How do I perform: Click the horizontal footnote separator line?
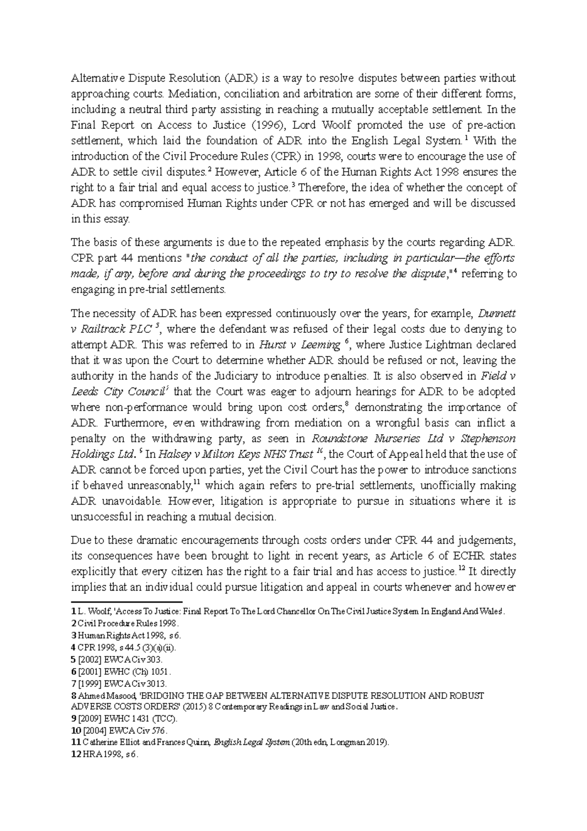click(127, 601)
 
